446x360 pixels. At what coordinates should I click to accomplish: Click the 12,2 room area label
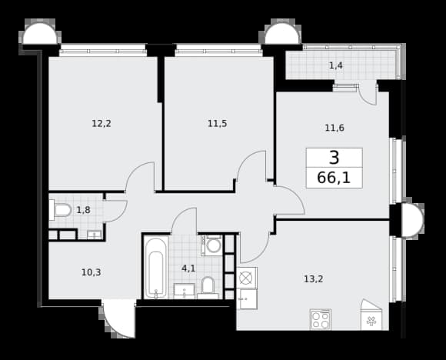pyautogui.click(x=102, y=124)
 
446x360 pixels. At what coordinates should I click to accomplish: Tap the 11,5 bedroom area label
pyautogui.click(x=218, y=124)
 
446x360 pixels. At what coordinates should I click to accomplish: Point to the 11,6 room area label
pyautogui.click(x=334, y=128)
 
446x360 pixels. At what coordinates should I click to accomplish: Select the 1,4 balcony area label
pyautogui.click(x=335, y=65)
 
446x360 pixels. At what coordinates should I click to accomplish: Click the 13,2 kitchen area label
pyautogui.click(x=314, y=279)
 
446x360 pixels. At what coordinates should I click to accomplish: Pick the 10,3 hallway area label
pyautogui.click(x=92, y=272)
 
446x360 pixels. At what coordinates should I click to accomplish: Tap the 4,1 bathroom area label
pyautogui.click(x=188, y=268)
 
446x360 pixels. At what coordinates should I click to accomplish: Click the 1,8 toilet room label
pyautogui.click(x=84, y=210)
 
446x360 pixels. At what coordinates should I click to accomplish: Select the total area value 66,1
pyautogui.click(x=334, y=178)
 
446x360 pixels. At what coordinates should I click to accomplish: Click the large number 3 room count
pyautogui.click(x=334, y=158)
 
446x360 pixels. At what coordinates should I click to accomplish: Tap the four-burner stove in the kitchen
pyautogui.click(x=321, y=319)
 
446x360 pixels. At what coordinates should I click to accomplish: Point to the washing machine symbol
pyautogui.click(x=213, y=245)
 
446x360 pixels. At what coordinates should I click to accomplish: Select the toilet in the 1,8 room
pyautogui.click(x=60, y=210)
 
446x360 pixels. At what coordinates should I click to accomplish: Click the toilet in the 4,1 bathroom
pyautogui.click(x=208, y=288)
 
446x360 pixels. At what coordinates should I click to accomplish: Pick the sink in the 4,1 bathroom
pyautogui.click(x=185, y=291)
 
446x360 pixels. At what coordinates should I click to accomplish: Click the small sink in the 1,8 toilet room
pyautogui.click(x=94, y=235)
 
